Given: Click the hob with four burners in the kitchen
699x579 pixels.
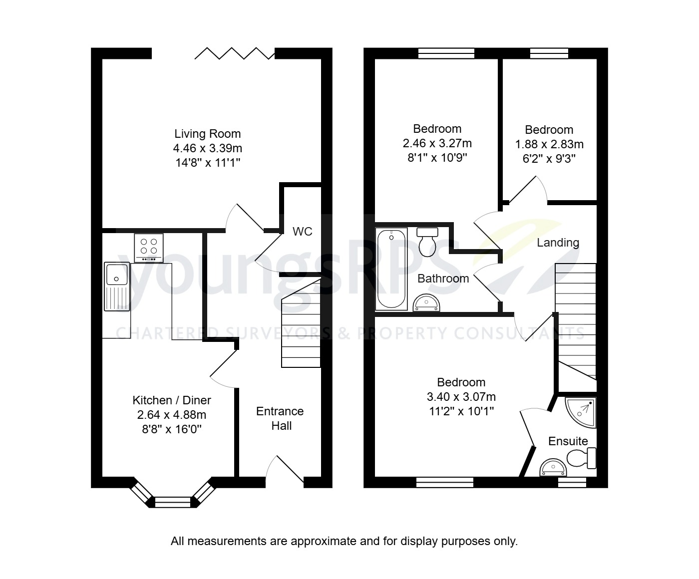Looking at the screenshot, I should click(148, 248).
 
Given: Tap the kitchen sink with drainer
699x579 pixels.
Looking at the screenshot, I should click(117, 287).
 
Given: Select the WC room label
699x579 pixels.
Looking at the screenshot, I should click(303, 232).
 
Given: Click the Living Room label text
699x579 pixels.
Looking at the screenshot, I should click(207, 134).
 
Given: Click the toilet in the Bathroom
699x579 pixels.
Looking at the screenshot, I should click(427, 242).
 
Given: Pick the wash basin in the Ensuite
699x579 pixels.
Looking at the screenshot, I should click(554, 468).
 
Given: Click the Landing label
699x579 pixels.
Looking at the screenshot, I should click(558, 243).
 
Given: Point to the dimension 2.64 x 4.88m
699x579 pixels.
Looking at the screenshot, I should click(171, 415).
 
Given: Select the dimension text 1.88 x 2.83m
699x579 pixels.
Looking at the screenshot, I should click(549, 144).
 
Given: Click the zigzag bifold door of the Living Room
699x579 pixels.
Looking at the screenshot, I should click(234, 53).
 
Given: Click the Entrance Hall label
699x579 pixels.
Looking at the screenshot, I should click(280, 418).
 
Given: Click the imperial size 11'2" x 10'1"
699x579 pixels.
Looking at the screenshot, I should click(461, 411).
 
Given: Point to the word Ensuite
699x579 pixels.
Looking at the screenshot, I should click(568, 441).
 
